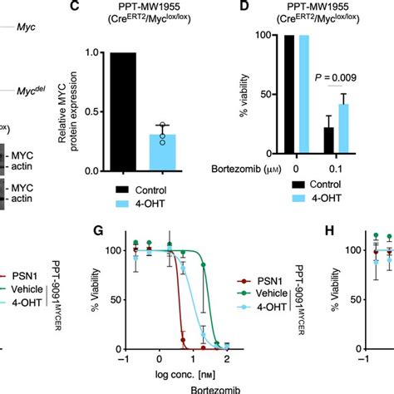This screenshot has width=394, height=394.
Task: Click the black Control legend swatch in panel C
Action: click(118, 190)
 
